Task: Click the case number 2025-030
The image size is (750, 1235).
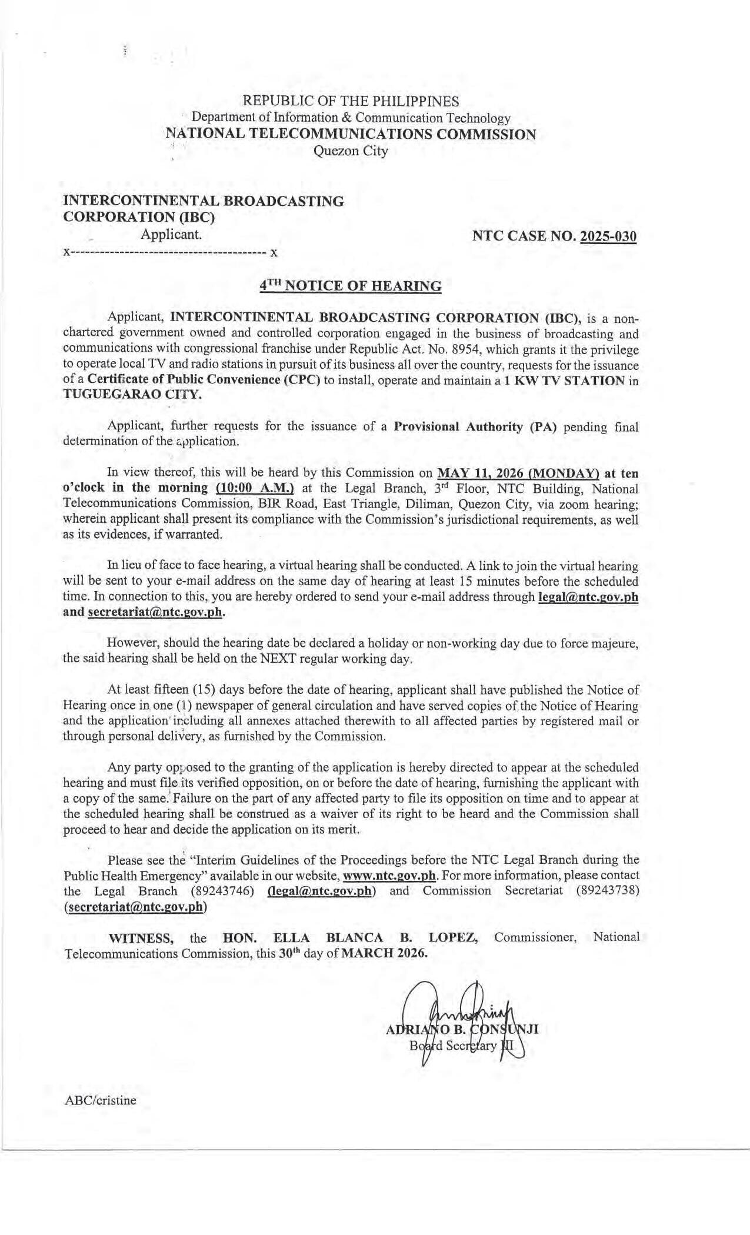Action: click(608, 237)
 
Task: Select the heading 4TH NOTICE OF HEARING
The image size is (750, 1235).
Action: click(351, 286)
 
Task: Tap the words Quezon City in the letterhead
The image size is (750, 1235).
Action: click(351, 151)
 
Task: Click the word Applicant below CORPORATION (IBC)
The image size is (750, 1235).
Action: click(171, 235)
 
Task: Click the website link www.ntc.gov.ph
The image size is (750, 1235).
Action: click(389, 876)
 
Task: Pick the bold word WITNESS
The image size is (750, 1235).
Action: click(141, 937)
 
